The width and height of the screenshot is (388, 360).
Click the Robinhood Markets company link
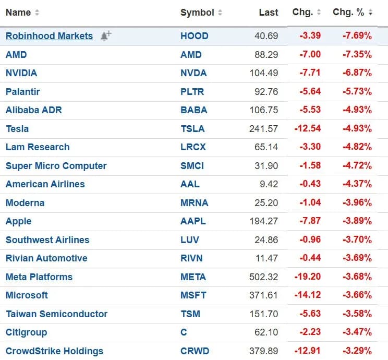49,36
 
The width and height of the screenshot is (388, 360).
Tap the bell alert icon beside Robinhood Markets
105,36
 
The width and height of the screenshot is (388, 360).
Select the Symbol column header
197,13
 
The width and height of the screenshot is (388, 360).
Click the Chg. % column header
348,13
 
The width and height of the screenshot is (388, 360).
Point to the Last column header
268,13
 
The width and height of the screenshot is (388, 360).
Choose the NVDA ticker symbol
193,73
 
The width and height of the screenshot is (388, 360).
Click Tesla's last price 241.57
264,128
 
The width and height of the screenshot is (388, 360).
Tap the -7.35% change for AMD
357,54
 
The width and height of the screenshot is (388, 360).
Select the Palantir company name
23,91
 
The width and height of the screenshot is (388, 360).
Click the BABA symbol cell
194,110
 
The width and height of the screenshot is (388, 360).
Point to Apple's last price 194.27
264,221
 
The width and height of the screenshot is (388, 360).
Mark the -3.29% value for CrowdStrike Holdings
357,351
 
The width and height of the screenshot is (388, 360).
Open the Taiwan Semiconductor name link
56,314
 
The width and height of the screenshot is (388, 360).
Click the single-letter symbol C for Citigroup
184,332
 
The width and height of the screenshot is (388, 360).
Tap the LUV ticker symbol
190,239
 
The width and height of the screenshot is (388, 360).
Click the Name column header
18,13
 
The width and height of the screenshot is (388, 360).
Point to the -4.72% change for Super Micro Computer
357,165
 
